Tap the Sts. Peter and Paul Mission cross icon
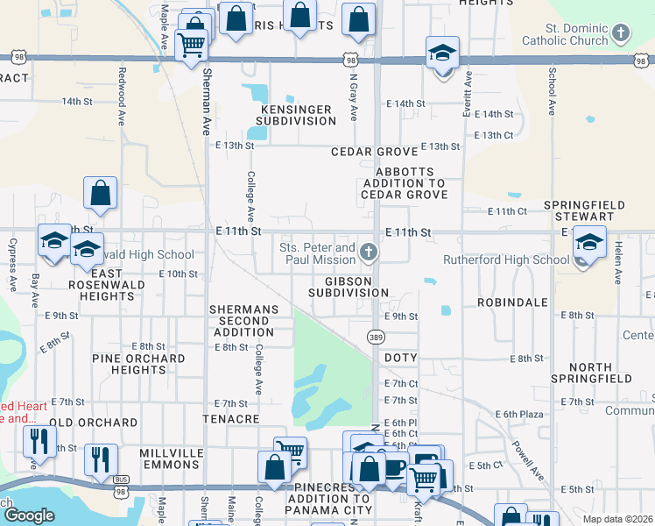click(x=369, y=254)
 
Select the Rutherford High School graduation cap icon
click(x=589, y=243)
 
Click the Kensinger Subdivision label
click(x=294, y=115)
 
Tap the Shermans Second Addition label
click(x=243, y=321)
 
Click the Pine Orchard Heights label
click(x=138, y=364)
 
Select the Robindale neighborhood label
click(x=512, y=302)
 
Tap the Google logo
click(x=29, y=515)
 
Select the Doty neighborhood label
click(x=400, y=359)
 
